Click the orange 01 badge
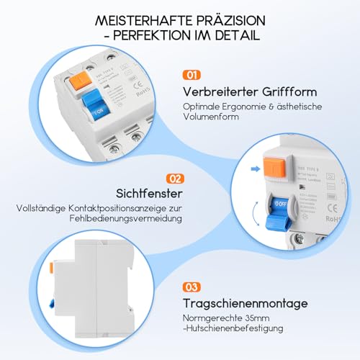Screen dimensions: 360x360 pyautogui.click(x=190, y=74)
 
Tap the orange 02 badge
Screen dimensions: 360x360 pyautogui.click(x=174, y=177)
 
